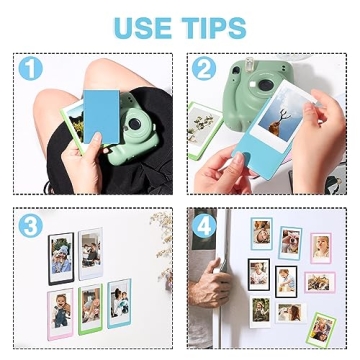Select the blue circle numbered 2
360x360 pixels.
pyautogui.click(x=204, y=69)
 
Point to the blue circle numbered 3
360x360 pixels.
pyautogui.click(x=30, y=225)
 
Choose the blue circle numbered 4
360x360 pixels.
pyautogui.click(x=205, y=225)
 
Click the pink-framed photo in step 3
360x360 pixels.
pyautogui.click(x=62, y=308)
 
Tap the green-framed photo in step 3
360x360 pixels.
pyautogui.click(x=91, y=308)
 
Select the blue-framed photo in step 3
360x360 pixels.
pyautogui.click(x=119, y=301)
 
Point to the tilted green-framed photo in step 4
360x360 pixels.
pyautogui.click(x=321, y=328)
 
